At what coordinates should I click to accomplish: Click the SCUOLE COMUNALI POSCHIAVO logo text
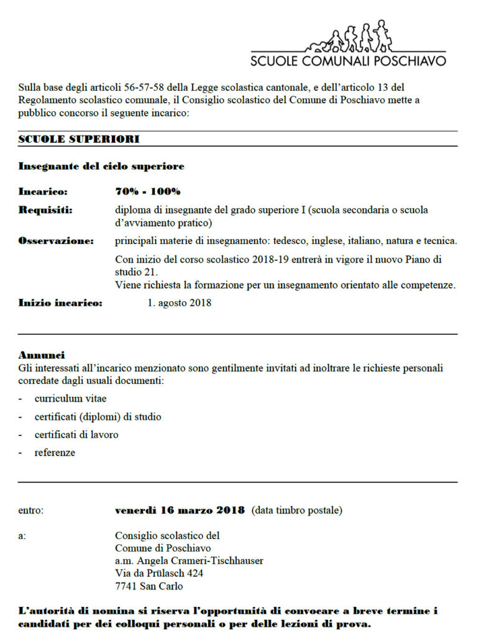[348, 61]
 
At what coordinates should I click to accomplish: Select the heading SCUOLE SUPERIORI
[79, 139]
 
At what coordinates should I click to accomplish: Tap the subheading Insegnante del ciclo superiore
[101, 166]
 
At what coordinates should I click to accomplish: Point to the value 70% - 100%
[148, 191]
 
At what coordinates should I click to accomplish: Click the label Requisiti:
[45, 210]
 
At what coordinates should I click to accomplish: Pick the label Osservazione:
[56, 240]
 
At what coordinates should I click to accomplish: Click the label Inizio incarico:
[60, 303]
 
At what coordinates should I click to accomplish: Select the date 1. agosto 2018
[180, 303]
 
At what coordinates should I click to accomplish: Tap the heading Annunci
[42, 356]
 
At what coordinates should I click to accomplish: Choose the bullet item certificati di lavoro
[76, 435]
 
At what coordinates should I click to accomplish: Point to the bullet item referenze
[55, 453]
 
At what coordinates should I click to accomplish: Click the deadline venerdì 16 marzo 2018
[180, 511]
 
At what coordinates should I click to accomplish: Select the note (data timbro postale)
[297, 511]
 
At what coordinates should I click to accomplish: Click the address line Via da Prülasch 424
[159, 573]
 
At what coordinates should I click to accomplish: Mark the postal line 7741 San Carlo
[149, 586]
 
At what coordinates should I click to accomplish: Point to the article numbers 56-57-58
[150, 88]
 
